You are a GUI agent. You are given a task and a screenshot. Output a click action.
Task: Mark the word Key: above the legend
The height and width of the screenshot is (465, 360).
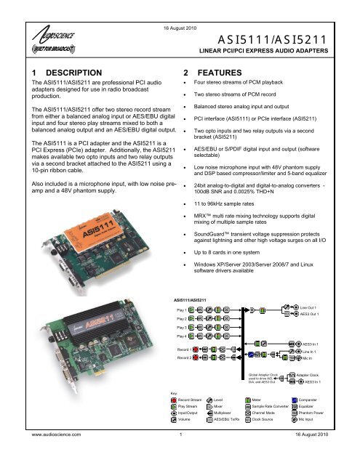coord(174,393)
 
